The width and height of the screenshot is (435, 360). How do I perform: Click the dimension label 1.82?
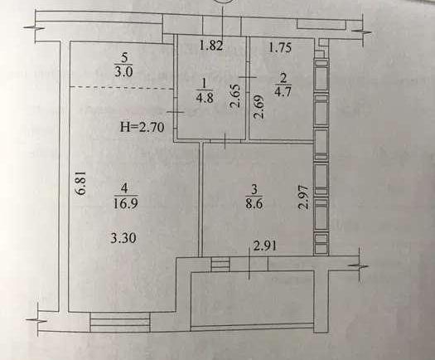pyautogui.click(x=211, y=46)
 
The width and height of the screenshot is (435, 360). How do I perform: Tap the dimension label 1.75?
pyautogui.click(x=280, y=47)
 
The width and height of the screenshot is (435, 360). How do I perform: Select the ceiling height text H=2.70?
pyautogui.click(x=143, y=127)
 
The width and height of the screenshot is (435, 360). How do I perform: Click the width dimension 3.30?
pyautogui.click(x=123, y=238)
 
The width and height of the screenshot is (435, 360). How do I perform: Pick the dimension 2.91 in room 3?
pyautogui.click(x=265, y=246)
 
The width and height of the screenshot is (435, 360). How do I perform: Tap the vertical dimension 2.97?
pyautogui.click(x=303, y=197)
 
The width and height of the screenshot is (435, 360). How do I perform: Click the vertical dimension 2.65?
pyautogui.click(x=235, y=95)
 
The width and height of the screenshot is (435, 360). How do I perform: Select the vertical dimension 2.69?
pyautogui.click(x=258, y=107)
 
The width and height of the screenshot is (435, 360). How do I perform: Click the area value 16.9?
pyautogui.click(x=125, y=203)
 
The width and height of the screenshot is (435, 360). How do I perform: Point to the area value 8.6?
pyautogui.click(x=254, y=203)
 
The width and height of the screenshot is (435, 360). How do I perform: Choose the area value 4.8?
pyautogui.click(x=205, y=98)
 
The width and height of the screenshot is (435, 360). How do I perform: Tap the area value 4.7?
pyautogui.click(x=283, y=91)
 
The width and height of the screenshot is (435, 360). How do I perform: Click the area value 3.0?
pyautogui.click(x=123, y=71)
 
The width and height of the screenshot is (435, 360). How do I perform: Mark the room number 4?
pyautogui.click(x=124, y=188)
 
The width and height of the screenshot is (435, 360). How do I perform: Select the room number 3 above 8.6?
pyautogui.click(x=254, y=190)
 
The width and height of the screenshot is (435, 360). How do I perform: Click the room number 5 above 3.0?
pyautogui.click(x=124, y=58)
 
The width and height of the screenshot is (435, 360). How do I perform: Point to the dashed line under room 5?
pyautogui.click(x=122, y=88)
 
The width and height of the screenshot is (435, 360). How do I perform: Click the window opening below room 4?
pyautogui.click(x=120, y=322)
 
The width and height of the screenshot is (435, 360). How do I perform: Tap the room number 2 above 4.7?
pyautogui.click(x=283, y=78)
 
